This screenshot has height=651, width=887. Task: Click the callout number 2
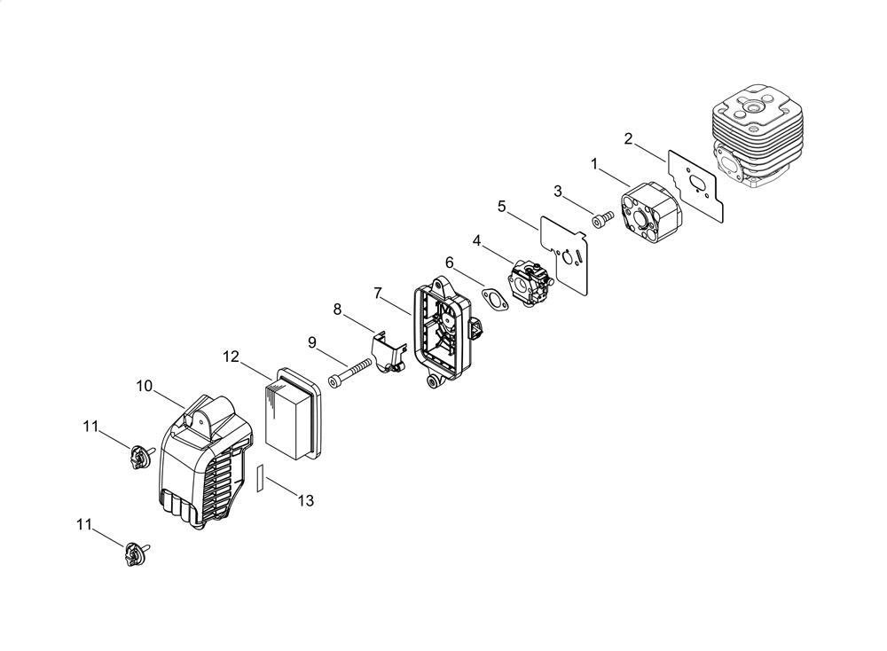pos(628,138)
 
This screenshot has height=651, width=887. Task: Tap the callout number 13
pos(305,500)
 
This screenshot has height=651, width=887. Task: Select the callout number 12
pos(231,357)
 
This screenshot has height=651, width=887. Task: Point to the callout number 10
pos(145,386)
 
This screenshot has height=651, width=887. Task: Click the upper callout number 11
pos(90,427)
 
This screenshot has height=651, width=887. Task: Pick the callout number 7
pos(378,294)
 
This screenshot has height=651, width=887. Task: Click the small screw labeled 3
pos(603,219)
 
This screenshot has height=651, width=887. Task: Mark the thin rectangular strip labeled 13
pos(260,478)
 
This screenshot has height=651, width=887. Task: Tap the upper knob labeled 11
pos(140,457)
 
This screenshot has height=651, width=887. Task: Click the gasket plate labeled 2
pos(695,185)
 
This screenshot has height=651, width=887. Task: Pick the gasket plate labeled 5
pos(565,255)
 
